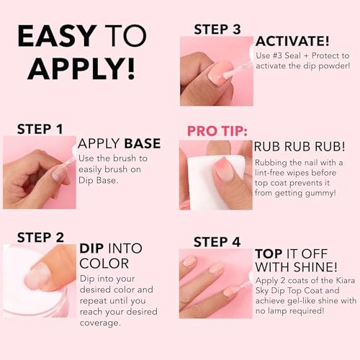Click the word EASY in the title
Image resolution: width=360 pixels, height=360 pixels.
click(x=56, y=36)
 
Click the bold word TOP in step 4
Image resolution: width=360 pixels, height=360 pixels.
click(x=271, y=254)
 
